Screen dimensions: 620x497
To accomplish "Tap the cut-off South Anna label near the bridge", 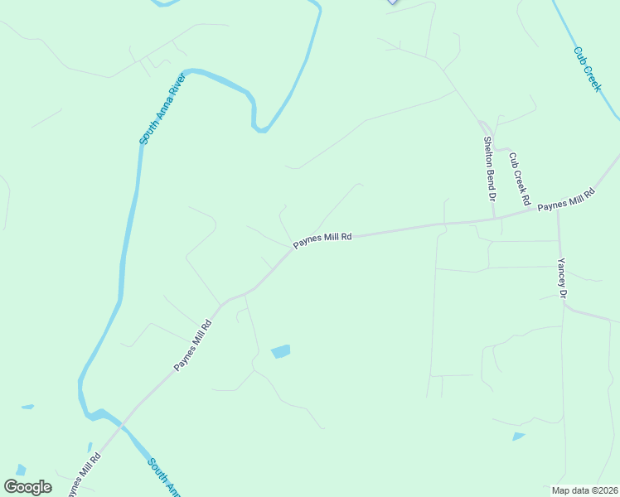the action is (164, 477).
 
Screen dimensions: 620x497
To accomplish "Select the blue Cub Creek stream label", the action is (586, 68).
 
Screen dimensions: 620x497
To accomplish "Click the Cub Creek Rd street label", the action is (519, 178).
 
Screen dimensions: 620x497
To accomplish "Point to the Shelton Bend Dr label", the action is (489, 169).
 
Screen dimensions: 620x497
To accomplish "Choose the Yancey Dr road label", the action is (562, 277).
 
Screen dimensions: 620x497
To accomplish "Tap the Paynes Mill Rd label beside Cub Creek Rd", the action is (566, 200).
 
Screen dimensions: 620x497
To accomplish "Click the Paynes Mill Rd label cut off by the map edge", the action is (84, 474).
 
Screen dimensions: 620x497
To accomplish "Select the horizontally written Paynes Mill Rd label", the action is (322, 237).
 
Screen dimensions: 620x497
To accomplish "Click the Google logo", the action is (27, 486).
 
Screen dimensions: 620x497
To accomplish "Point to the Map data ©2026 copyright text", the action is (585, 490).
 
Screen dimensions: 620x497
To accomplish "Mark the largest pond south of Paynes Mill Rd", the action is (281, 351).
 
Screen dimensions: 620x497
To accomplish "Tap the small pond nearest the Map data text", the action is (518, 436).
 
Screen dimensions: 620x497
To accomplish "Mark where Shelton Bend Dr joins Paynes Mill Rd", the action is (495, 219).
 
